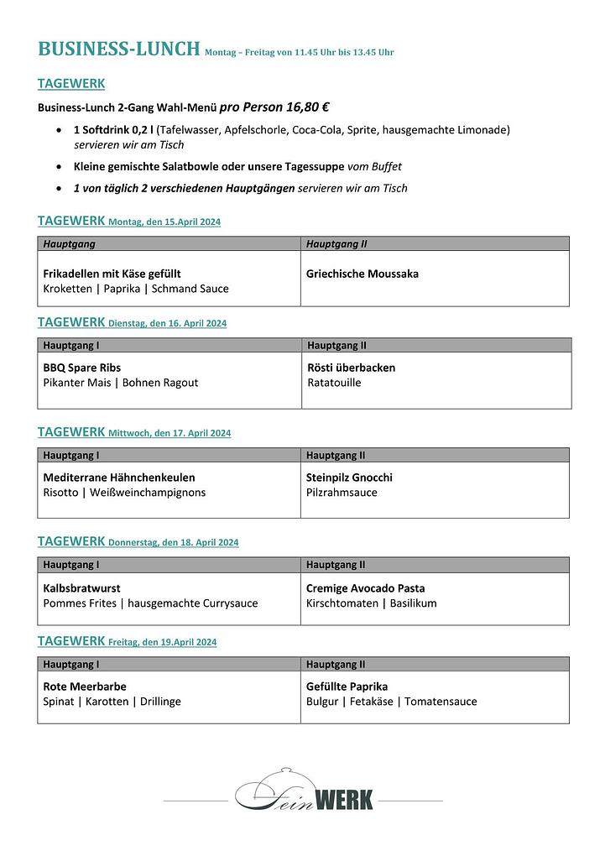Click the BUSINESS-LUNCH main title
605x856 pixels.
coord(118,49)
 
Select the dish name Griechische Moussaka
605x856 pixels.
coord(362,274)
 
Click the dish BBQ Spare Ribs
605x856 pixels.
coord(82,368)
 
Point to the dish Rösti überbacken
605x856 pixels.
coord(351,368)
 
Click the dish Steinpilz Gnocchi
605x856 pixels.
coord(349,478)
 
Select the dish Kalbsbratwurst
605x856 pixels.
coord(81,588)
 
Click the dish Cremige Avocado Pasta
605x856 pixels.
coord(365,588)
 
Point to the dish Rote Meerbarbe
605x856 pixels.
coord(85,686)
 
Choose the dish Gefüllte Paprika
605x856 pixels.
coord(347,686)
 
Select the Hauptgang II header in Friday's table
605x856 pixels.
coord(336,664)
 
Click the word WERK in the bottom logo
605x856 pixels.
coord(343,799)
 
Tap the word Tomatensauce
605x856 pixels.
coord(441,702)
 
